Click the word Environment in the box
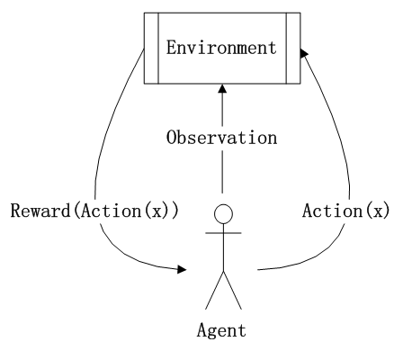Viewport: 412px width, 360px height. point(221,48)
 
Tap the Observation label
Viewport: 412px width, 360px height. point(221,138)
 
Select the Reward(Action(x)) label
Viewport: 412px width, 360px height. point(94,211)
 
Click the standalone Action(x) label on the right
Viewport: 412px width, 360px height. point(346,211)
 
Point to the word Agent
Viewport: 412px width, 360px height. point(221,330)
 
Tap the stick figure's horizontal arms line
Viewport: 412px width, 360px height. point(223,233)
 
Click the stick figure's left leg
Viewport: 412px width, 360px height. point(214,290)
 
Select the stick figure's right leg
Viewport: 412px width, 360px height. point(232,290)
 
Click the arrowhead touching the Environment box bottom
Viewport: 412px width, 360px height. point(222,89)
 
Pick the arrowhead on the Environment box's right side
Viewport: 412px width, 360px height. point(304,53)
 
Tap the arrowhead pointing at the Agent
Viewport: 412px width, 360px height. point(182,269)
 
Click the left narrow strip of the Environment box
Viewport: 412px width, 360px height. point(151,48)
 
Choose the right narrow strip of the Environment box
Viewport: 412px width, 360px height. point(293,48)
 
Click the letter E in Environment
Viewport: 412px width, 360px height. point(171,48)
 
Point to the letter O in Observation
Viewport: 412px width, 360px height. point(171,138)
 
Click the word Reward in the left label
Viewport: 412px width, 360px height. point(40,211)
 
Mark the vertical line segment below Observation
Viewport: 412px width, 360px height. point(222,172)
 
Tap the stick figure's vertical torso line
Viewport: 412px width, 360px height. point(223,247)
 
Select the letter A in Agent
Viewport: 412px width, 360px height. point(202,329)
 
